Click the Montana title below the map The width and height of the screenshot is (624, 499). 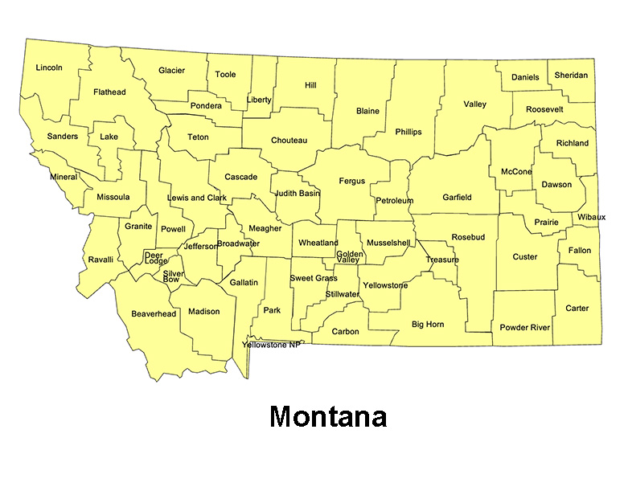coord(328,417)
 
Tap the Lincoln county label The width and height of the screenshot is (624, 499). coord(49,67)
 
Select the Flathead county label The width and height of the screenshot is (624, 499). coord(109,92)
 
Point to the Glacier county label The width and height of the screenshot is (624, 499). coord(171,71)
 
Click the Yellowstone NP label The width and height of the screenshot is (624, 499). coord(271,345)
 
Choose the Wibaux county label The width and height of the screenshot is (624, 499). coord(591,218)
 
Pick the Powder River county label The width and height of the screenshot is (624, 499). coord(525,328)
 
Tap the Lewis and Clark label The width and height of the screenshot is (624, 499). coord(197,198)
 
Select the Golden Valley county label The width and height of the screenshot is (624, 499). coord(349,257)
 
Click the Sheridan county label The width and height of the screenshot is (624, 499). coord(571,76)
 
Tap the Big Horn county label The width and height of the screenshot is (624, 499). coord(428,325)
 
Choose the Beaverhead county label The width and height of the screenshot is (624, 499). coord(154,313)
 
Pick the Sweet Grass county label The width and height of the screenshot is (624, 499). coord(314,278)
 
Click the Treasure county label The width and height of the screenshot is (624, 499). coord(442,260)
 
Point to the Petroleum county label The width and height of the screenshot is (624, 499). coord(394,200)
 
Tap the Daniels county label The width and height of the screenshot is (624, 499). coord(525,77)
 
